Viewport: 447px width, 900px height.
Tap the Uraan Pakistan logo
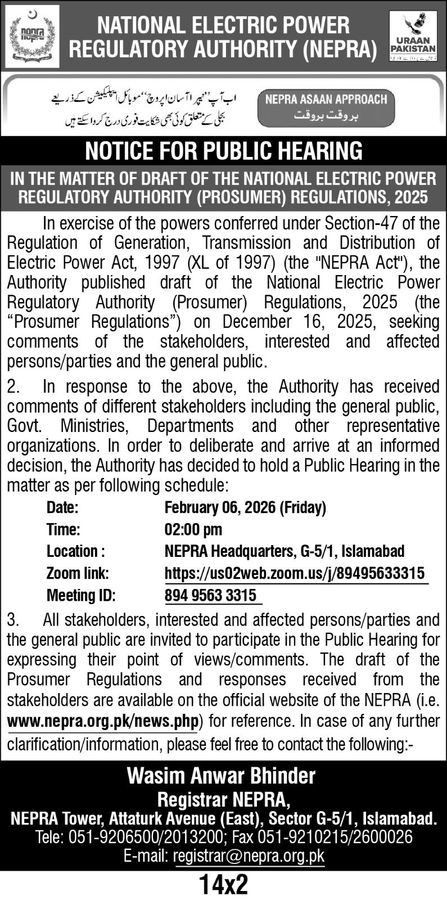(413, 36)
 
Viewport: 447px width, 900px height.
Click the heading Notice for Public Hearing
(223, 151)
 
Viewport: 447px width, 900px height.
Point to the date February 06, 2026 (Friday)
(245, 507)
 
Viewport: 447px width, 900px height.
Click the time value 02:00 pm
(193, 529)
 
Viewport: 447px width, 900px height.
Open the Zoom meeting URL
(295, 573)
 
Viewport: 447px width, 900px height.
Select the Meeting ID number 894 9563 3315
(210, 595)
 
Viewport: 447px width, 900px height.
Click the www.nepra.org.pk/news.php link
(103, 721)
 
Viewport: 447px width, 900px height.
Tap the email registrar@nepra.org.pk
(249, 856)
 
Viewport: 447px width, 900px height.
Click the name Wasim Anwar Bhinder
(221, 776)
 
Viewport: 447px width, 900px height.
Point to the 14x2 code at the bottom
(223, 885)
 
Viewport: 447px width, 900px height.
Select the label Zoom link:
(78, 573)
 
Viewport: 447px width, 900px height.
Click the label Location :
(75, 551)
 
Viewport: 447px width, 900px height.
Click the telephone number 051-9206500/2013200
(146, 837)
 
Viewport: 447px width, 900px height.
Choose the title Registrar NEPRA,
(223, 799)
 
